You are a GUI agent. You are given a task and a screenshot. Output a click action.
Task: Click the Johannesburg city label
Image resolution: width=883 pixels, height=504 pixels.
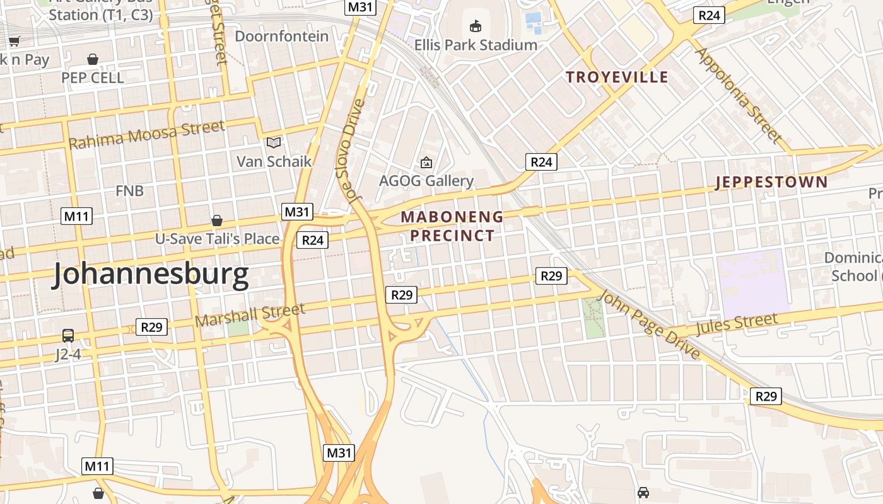[x=150, y=276]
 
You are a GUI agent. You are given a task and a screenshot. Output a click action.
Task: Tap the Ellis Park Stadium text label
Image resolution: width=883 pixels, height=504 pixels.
[x=476, y=45]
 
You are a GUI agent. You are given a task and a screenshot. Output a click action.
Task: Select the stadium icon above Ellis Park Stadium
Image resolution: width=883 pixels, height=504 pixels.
[x=475, y=26]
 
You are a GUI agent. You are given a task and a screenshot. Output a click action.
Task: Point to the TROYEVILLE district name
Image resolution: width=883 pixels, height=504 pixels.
[x=617, y=77]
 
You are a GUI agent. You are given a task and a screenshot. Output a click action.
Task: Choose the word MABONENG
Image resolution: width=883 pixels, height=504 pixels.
[x=452, y=217]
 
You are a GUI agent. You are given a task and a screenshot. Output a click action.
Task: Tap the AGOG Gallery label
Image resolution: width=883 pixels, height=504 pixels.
[x=426, y=181]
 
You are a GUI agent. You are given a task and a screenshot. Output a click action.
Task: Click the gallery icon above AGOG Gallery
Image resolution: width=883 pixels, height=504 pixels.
[x=426, y=163]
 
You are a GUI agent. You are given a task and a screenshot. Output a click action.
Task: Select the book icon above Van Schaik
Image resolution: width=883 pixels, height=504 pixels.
[x=274, y=142]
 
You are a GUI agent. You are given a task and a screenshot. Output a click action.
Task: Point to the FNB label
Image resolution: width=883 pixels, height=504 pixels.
[x=129, y=191]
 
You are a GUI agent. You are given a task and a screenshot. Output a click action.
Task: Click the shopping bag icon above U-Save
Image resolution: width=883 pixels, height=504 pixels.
[x=217, y=220]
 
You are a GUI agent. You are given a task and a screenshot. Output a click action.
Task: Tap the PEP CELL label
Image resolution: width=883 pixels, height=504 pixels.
[x=93, y=78]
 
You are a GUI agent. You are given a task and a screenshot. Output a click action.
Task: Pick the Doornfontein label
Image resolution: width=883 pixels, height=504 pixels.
[x=282, y=37]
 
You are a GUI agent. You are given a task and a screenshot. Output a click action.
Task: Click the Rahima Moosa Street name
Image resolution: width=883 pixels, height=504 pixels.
[x=146, y=135]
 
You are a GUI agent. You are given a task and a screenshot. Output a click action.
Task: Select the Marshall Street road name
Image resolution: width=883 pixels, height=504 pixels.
[x=250, y=315]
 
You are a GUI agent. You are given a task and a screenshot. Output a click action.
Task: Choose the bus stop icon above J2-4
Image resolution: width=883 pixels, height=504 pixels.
[x=67, y=336]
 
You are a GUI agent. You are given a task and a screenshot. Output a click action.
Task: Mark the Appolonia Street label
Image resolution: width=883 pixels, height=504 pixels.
[x=738, y=94]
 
